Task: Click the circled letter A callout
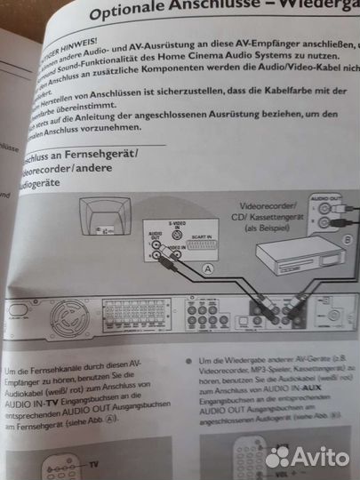point(208,268)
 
